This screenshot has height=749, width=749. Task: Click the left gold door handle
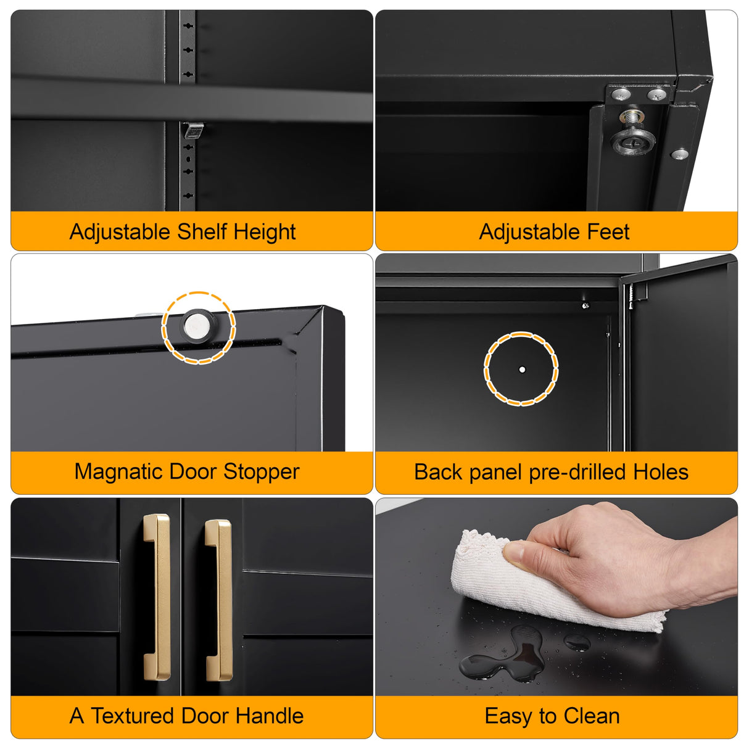pos(158,597)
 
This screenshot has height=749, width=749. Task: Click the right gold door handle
pos(220,599)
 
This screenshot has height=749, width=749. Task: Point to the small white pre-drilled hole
pos(522,370)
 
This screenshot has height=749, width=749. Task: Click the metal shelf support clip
pos(193,130)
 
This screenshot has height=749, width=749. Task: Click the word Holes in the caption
pos(661,473)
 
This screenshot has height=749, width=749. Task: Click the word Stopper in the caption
pos(261,472)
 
